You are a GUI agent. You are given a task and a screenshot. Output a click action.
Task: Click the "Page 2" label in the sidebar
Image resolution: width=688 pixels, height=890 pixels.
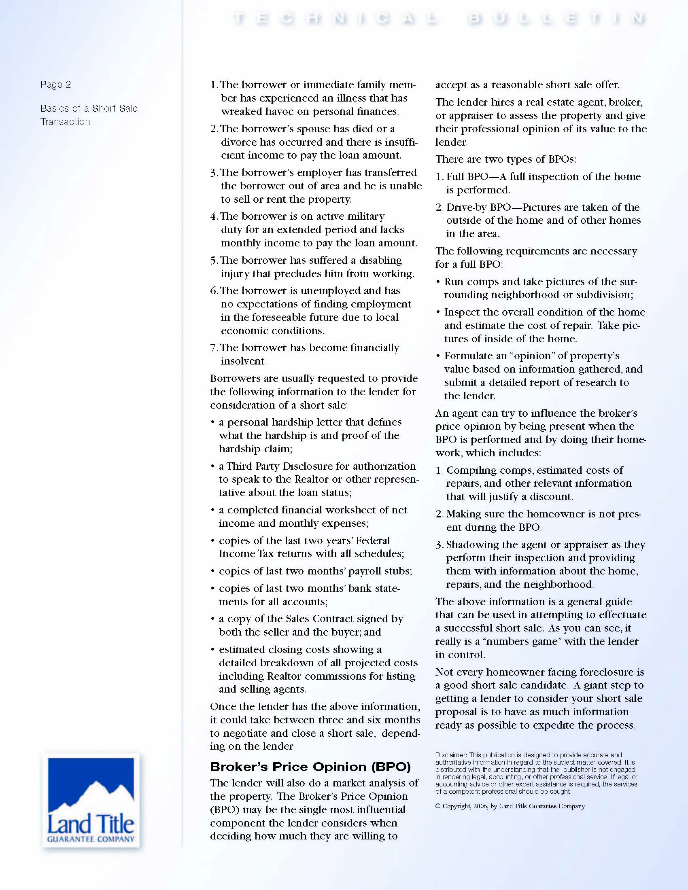tap(55, 85)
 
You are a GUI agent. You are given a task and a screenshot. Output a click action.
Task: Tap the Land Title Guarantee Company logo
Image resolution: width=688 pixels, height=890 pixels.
tap(91, 800)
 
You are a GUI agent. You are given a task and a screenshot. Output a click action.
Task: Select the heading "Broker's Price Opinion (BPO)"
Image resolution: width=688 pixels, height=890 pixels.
tap(310, 767)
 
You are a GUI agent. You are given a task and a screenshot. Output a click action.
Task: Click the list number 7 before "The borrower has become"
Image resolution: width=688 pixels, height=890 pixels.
tap(214, 348)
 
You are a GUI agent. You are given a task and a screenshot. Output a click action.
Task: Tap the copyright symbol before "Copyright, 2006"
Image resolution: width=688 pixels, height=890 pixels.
tap(438, 806)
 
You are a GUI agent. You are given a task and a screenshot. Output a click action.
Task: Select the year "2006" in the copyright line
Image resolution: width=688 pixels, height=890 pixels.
tap(480, 806)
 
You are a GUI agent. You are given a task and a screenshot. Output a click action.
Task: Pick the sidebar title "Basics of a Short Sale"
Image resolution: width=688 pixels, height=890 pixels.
tap(89, 108)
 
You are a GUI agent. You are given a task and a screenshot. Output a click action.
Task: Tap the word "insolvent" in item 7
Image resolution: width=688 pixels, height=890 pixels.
tap(243, 361)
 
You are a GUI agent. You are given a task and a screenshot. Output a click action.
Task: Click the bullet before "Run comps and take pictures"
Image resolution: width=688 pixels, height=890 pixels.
tap(438, 282)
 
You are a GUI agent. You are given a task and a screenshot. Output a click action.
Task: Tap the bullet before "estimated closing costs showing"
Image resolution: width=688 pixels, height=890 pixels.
tap(213, 650)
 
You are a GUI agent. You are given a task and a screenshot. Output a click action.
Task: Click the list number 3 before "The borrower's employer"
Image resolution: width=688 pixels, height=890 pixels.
tap(214, 173)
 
